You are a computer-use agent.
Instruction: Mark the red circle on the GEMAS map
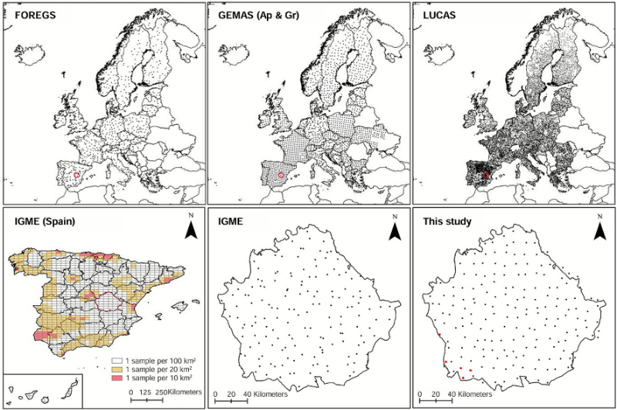[x=282, y=177]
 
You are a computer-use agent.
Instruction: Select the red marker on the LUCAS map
[x=486, y=177]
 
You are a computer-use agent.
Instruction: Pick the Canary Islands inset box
[x=42, y=390]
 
